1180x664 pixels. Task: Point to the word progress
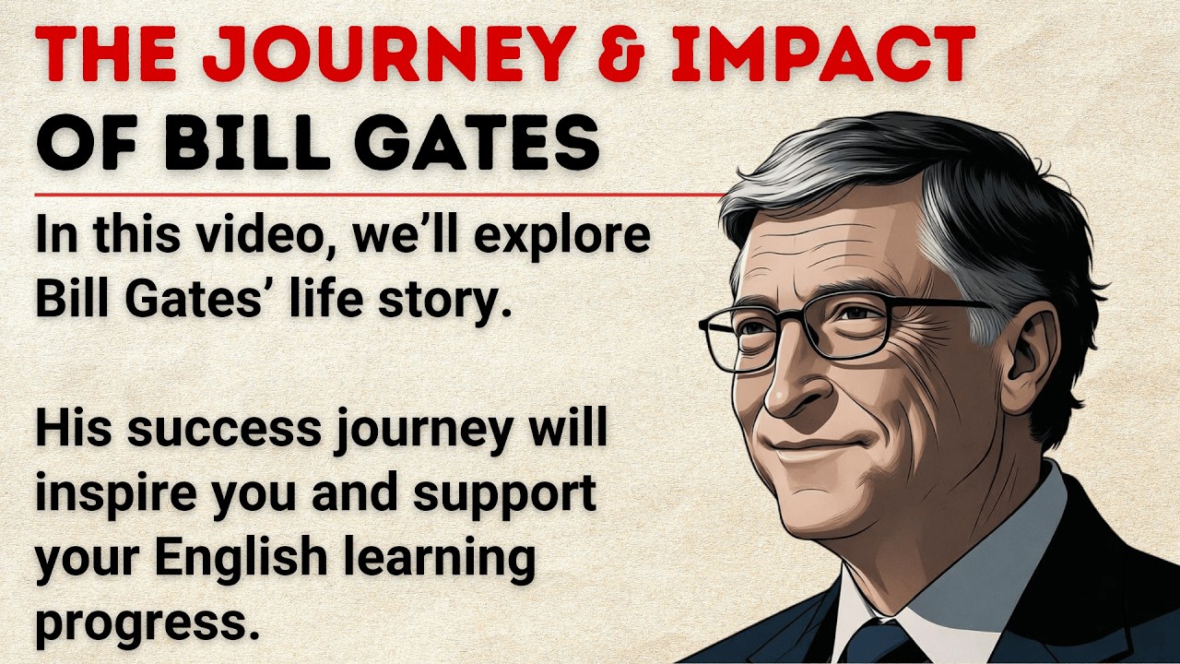[143, 623]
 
